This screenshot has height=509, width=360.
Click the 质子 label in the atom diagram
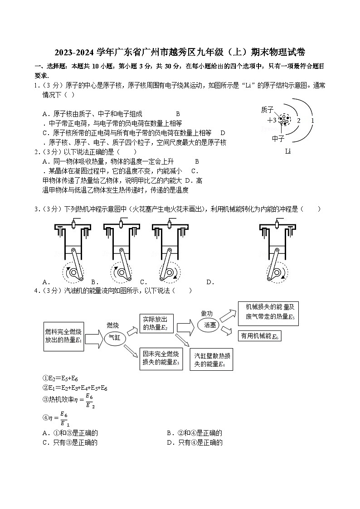268,110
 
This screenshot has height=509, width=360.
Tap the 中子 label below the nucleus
278,139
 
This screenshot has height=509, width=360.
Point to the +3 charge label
272,120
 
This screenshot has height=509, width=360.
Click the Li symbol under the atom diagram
287,151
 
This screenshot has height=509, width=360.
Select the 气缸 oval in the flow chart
113,338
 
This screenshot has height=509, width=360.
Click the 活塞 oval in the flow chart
210,325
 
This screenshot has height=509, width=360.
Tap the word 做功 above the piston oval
207,314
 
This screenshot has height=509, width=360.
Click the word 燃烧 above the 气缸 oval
113,325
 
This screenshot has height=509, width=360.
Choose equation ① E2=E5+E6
60,378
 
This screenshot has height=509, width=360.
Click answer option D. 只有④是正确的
195,442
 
